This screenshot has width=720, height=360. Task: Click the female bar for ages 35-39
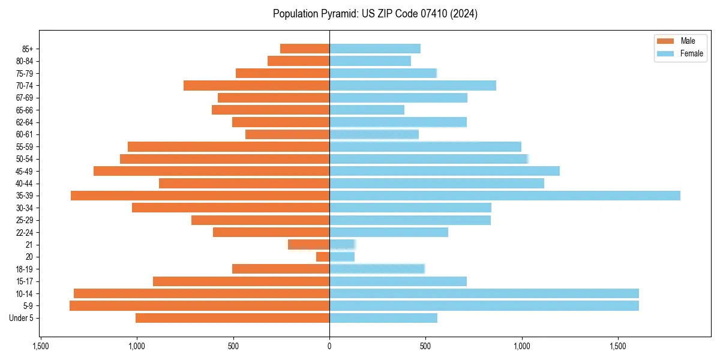tap(505, 196)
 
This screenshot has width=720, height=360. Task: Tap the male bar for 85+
tap(305, 49)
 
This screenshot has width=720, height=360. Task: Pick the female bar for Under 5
tap(383, 318)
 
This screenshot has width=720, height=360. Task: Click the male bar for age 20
tap(323, 257)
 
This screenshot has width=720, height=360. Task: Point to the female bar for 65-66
tap(367, 110)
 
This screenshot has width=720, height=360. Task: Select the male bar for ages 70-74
tap(256, 85)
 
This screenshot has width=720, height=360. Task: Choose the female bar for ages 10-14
tap(484, 293)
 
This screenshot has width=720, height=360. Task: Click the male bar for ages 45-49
tap(211, 171)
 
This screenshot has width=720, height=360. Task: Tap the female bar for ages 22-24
tap(389, 232)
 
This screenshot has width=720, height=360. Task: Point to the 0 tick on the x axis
tap(329, 347)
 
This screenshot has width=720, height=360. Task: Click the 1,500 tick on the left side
tap(40, 347)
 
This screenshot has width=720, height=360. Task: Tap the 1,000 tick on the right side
tap(522, 347)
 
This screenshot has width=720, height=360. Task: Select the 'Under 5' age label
tap(22, 318)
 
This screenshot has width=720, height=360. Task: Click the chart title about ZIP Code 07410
tap(375, 14)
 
